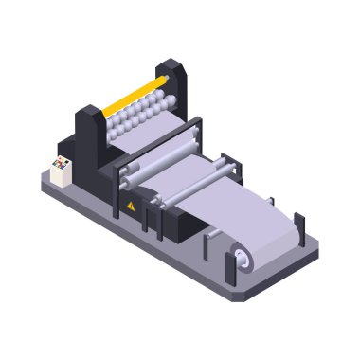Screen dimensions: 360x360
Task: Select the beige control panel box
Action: click(63, 168)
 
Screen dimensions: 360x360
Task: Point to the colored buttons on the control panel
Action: click(59, 166)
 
